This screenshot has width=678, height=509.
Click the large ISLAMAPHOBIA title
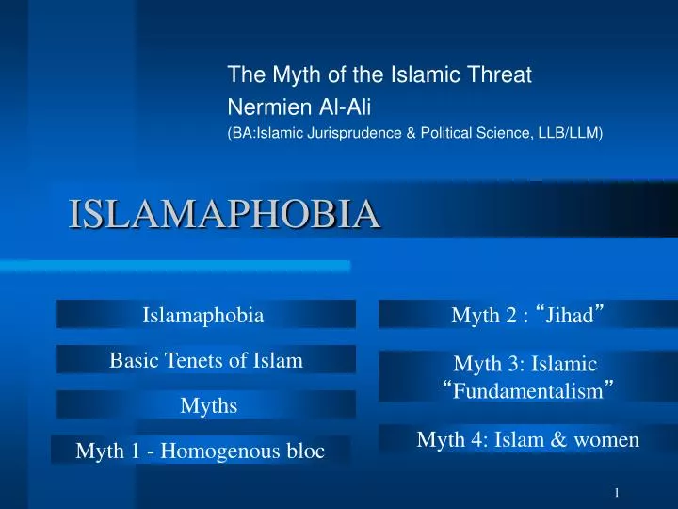pos(224,213)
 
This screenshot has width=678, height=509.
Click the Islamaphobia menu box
pos(203,315)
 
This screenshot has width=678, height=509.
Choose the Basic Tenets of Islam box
pos(206,360)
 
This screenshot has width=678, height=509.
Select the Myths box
pos(208,405)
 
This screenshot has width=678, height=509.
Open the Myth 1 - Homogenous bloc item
pos(200,452)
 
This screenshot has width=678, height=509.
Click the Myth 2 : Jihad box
pos(527,315)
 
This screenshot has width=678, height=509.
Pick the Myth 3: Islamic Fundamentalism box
pos(525,376)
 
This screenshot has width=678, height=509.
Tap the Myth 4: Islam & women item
pos(527,438)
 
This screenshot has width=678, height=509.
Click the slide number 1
pos(616,494)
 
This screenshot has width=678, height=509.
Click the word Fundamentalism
pos(526,390)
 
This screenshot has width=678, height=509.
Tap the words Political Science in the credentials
pos(479,133)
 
